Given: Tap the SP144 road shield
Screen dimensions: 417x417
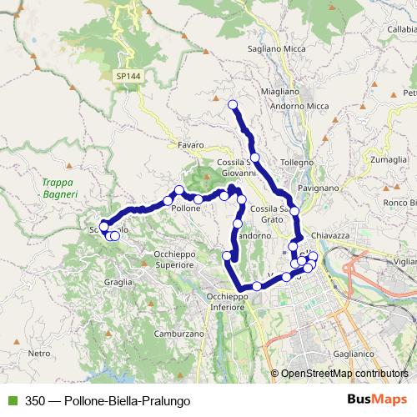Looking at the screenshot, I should point(128,76).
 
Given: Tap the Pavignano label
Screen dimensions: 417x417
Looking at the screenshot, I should point(317,188).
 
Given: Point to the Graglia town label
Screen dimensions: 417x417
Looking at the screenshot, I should point(118,282).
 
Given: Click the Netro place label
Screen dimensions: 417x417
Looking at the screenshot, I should point(39,353).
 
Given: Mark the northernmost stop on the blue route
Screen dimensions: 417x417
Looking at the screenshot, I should point(233,104).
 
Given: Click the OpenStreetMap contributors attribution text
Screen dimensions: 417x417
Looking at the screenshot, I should point(344,374).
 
